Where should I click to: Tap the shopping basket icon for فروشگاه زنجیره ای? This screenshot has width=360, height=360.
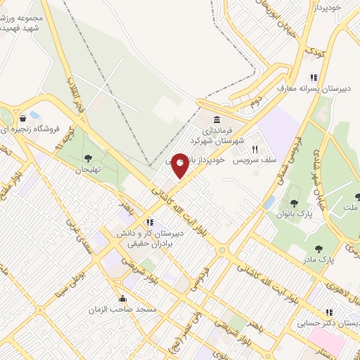tap(25, 117)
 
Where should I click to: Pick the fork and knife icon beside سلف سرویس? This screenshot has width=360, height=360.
tap(255, 149)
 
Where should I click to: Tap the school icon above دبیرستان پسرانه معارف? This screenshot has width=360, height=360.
tap(314, 77)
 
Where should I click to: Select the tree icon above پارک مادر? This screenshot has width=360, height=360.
tap(320, 247)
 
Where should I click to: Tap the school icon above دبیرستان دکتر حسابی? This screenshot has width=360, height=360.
tap(328, 311)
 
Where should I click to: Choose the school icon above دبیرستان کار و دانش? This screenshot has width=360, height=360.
tap(150, 222)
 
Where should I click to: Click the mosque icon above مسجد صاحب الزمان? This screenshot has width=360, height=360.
tap(123, 298)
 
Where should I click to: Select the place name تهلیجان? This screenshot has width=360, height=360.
tap(89, 170)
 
